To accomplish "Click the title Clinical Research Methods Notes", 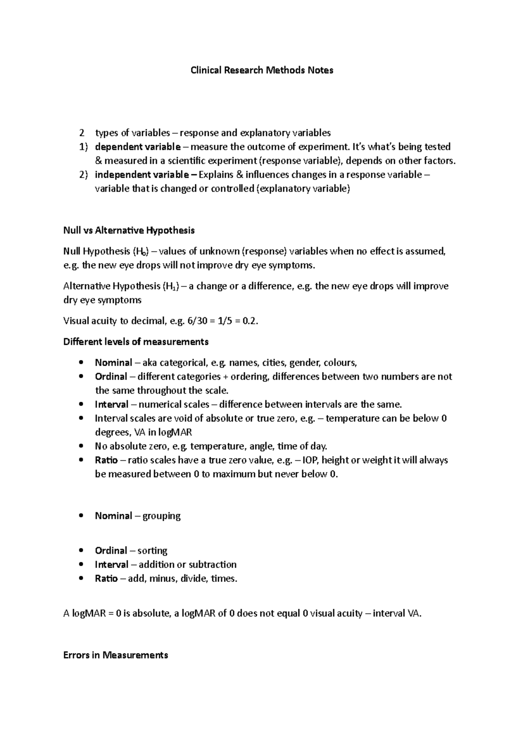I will (x=261, y=70).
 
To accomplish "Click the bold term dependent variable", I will (x=137, y=146).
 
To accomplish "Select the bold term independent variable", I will (x=142, y=175).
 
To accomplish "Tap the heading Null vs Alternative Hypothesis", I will (x=129, y=230).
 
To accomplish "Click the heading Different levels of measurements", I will (x=136, y=342).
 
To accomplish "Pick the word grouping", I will (x=161, y=516).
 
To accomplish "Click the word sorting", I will (x=152, y=551).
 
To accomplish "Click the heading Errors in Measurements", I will (x=115, y=655).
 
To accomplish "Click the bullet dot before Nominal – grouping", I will (x=81, y=516).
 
